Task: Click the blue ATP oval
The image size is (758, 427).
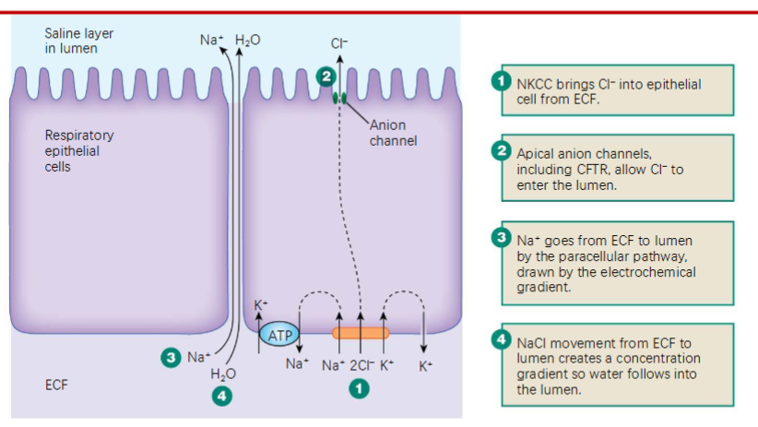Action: point(277,334)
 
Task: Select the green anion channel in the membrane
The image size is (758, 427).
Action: point(339,97)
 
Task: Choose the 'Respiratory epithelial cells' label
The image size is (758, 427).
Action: point(79,151)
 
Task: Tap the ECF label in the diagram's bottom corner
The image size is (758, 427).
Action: point(56,385)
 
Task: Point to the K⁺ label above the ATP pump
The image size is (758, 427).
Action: point(260,306)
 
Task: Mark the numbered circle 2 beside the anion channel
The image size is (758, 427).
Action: point(325,77)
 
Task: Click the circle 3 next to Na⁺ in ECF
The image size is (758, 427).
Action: point(169,357)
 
